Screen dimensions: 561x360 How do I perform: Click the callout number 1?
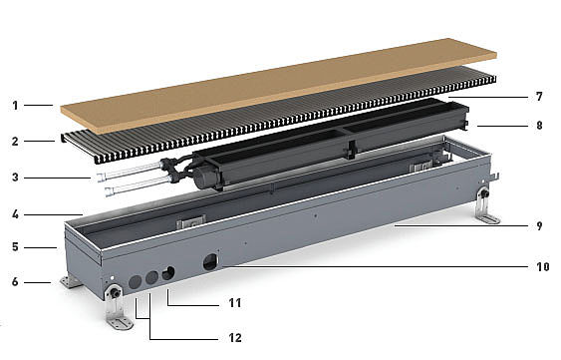coord(15,106)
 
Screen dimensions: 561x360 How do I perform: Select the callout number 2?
coord(15,142)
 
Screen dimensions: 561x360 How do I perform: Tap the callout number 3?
coord(15,178)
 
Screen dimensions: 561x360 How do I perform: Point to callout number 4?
coord(15,214)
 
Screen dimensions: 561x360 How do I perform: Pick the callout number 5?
coord(15,247)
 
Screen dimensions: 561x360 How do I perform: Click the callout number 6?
coord(15,282)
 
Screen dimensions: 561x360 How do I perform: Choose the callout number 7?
coord(539,97)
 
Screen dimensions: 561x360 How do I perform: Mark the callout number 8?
coord(539,126)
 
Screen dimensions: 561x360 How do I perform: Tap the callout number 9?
coord(539,226)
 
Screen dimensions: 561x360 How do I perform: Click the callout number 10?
coord(543,267)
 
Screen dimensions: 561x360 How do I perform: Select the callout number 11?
coord(235,303)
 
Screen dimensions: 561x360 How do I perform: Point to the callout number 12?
coord(235,338)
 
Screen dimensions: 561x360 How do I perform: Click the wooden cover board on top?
coord(278,86)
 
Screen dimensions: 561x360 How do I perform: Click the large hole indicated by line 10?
coord(210,262)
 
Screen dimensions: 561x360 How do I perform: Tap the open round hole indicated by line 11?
coord(168,273)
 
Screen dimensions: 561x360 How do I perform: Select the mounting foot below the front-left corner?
coord(118,308)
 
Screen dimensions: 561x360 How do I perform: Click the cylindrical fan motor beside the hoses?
coord(205,177)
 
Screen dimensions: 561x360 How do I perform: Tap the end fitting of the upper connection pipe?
coord(102,177)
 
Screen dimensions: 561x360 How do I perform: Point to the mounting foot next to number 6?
coord(70,281)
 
